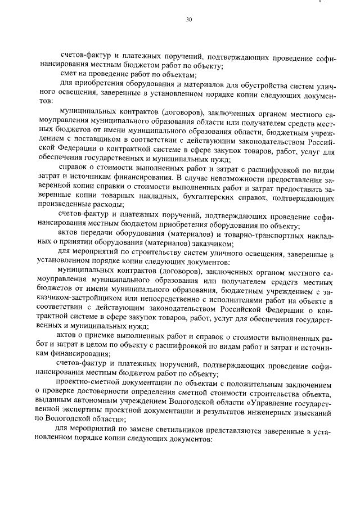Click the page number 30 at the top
click(x=188, y=20)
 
